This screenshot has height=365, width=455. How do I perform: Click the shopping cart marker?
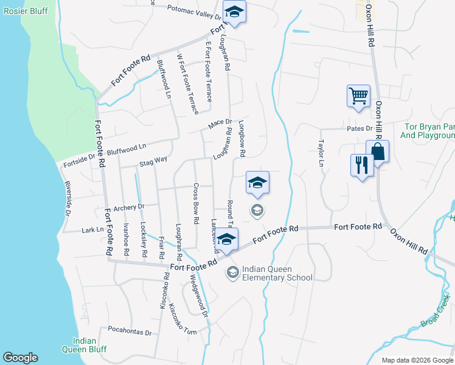pos(358,96)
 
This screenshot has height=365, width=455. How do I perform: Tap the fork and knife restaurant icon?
pos(362,164)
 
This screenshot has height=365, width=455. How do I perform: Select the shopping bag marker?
pos(378,151)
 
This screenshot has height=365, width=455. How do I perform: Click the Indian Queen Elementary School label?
pos(277,273)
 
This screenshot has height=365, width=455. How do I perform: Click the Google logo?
pos(20,358)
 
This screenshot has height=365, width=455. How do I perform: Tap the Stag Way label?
pos(153,161)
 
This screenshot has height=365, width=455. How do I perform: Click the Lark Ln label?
pos(92,231)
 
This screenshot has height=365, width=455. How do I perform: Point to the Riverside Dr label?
pos(69,198)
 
